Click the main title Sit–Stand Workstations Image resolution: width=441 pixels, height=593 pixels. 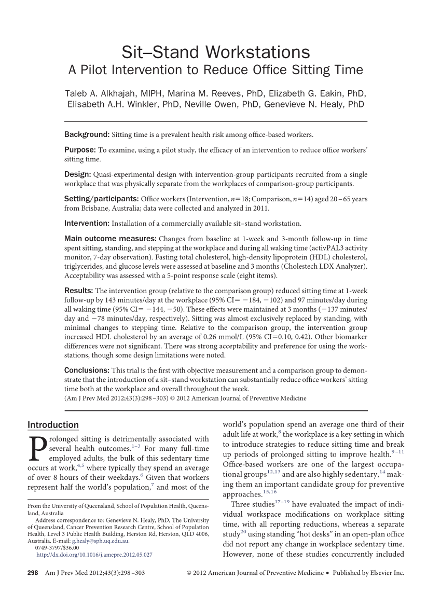[215, 52]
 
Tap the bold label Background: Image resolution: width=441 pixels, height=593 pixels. [87, 135]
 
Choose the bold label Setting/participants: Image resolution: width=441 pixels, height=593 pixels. [101, 199]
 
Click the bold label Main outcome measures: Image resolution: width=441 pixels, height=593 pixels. [111, 239]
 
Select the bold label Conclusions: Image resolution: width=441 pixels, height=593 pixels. [87, 370]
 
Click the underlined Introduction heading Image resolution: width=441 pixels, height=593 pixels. [53, 425]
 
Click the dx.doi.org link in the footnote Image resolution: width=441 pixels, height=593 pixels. [94, 555]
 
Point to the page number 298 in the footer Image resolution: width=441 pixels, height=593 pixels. [33, 573]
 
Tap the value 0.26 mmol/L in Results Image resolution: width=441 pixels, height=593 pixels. [229, 337]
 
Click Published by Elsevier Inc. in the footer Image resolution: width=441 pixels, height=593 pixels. [368, 573]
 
